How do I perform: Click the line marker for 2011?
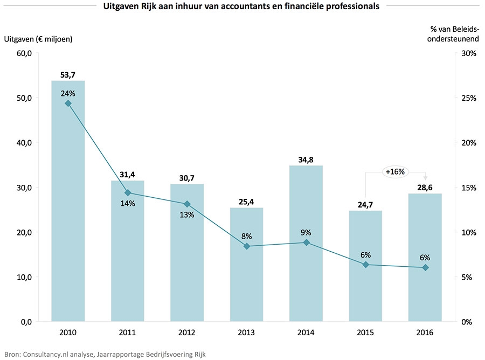coord(128,192)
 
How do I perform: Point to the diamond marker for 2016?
coord(425,268)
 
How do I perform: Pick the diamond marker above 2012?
coord(187,204)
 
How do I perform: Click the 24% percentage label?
coord(68,92)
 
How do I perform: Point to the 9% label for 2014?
coord(306,232)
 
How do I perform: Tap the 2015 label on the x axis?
coord(365,333)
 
